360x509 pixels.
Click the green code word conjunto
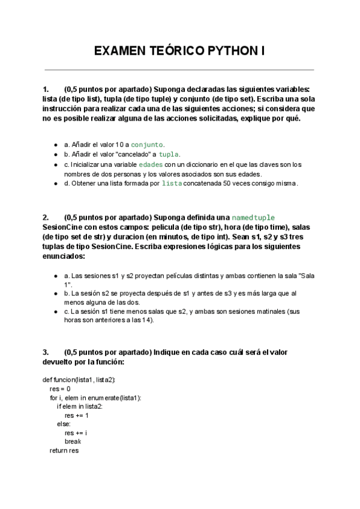[147, 145]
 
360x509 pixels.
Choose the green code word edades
[151, 164]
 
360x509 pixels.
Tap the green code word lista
[172, 183]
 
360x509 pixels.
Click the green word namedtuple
[253, 217]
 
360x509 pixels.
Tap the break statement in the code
[73, 441]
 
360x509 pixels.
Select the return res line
[64, 450]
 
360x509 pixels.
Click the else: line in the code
[64, 424]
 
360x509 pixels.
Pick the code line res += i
[76, 433]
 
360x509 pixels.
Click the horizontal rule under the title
[179, 70]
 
